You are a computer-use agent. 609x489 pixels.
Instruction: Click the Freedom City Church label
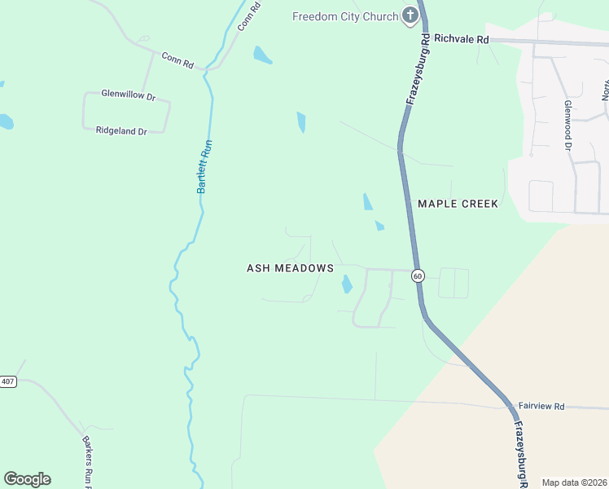tap(345, 16)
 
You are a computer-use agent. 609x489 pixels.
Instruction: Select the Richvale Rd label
tap(461, 38)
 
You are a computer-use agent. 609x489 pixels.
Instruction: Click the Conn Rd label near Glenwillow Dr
tap(177, 59)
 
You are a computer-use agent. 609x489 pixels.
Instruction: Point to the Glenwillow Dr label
tap(128, 95)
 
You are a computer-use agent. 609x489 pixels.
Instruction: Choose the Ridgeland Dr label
tap(121, 130)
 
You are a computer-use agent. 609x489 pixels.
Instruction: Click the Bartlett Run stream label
tap(205, 165)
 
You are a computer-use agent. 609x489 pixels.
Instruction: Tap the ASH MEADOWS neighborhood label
tap(290, 268)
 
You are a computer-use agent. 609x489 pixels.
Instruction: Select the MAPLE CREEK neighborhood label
tap(457, 204)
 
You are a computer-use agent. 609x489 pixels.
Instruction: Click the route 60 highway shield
tap(418, 275)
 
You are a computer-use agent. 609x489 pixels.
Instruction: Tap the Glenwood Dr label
tap(567, 126)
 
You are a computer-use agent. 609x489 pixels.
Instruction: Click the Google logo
tap(27, 479)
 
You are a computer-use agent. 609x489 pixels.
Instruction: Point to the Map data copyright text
tap(574, 482)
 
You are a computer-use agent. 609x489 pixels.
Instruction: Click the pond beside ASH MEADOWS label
tap(346, 284)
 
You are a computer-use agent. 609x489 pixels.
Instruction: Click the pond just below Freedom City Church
tap(262, 55)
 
